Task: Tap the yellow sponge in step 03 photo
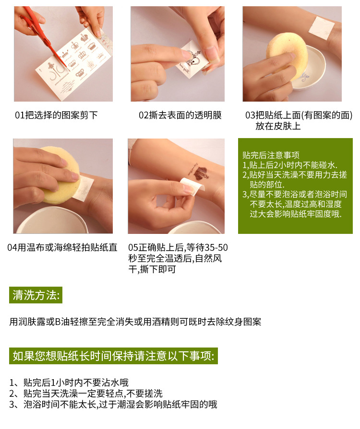[286, 55]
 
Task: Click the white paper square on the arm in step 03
[322, 28]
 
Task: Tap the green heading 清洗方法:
[36, 295]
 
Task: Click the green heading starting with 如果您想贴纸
[113, 356]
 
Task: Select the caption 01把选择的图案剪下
[56, 115]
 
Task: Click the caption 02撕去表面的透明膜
[180, 115]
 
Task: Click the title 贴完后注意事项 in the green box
[271, 155]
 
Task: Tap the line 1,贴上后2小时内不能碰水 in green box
[290, 165]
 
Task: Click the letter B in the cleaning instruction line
[58, 322]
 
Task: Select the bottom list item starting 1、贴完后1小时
[69, 382]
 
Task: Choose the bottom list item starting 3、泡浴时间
[113, 405]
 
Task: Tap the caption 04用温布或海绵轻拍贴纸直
[62, 247]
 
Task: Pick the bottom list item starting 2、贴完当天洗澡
[86, 394]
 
